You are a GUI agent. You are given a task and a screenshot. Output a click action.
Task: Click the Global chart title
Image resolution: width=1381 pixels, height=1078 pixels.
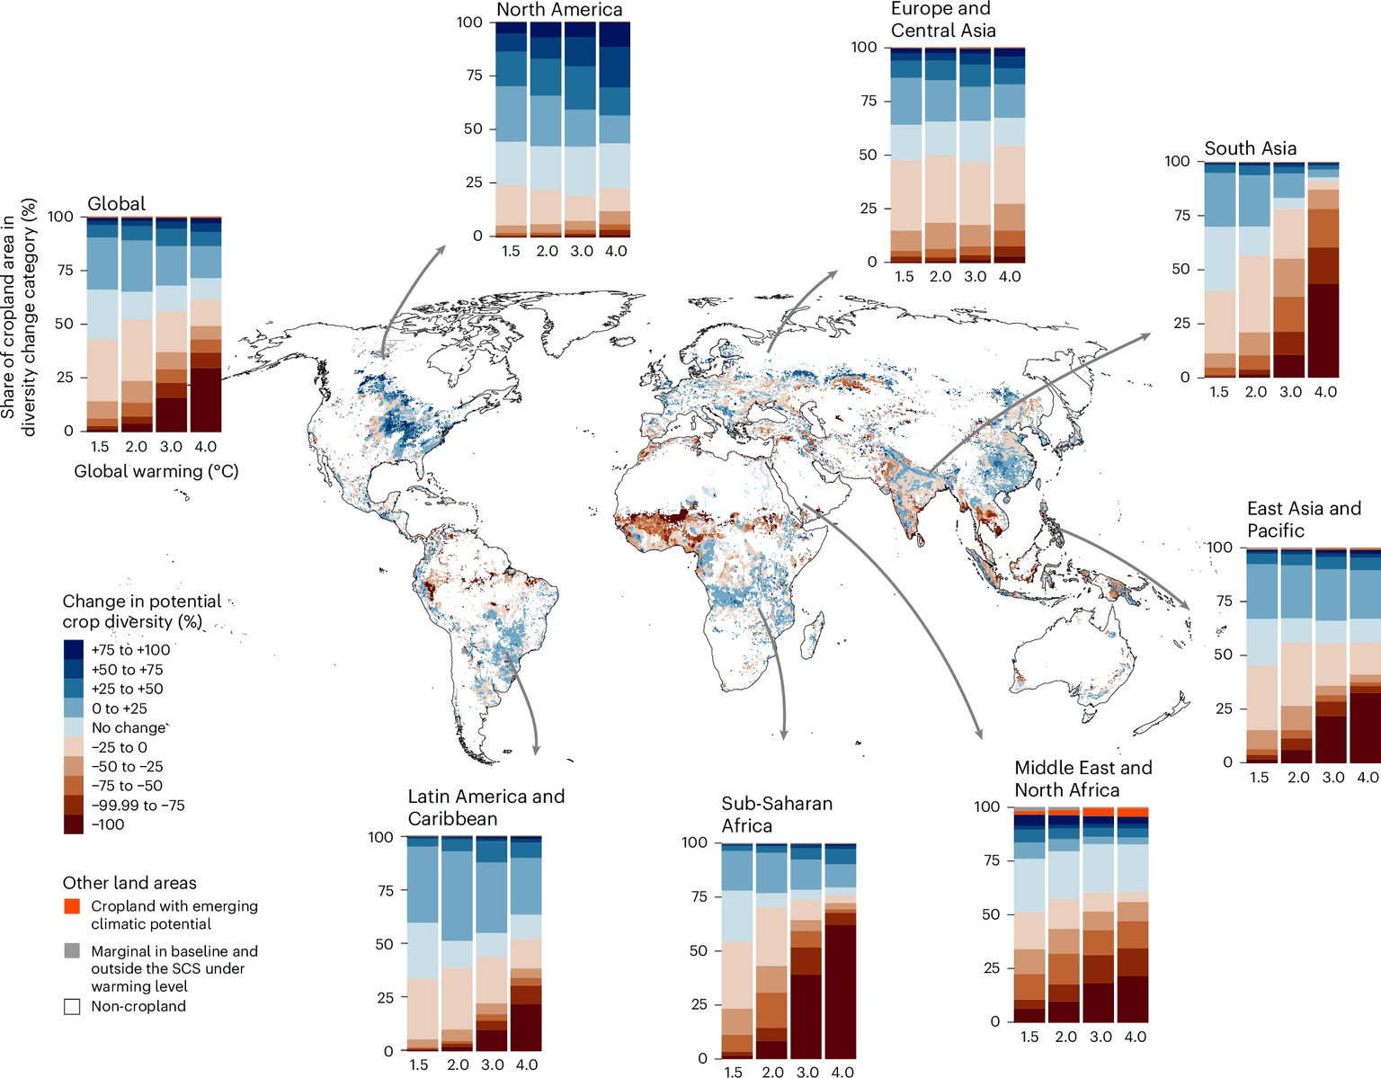pos(116,203)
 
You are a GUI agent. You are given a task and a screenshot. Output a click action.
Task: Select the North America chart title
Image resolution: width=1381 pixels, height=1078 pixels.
pos(558,10)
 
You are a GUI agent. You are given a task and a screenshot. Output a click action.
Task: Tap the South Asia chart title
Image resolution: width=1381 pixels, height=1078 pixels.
pos(1250,148)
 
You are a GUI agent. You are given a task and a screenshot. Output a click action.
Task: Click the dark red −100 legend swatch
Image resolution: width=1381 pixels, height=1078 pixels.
pos(73,824)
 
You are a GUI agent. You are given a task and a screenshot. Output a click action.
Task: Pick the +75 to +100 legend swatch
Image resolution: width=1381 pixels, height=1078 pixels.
pos(73,649)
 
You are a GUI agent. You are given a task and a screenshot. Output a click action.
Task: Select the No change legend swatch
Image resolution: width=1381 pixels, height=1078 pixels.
pos(73,727)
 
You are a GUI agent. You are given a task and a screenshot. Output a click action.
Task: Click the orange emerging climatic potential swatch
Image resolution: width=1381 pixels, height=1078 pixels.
pos(73,906)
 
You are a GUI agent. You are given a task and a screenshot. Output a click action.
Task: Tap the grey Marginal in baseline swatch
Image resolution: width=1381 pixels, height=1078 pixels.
pos(73,950)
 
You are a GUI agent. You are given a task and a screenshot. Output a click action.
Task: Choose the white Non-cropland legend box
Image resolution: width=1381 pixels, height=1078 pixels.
pos(73,1006)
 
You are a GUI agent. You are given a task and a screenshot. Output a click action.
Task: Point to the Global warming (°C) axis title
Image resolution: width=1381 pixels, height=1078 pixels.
pos(156,471)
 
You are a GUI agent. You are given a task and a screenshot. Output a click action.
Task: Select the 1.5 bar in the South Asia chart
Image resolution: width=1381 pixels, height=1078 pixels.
pos(1219,270)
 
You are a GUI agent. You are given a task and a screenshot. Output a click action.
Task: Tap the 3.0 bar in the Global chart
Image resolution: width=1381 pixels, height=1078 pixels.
pos(171,325)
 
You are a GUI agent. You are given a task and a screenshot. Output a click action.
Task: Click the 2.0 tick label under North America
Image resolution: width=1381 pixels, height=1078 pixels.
pos(547,251)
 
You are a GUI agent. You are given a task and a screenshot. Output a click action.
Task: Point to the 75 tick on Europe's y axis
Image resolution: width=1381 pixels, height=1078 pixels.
pos(867,101)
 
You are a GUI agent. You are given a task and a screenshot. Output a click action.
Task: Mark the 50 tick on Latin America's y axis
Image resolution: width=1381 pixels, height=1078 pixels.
pos(383,944)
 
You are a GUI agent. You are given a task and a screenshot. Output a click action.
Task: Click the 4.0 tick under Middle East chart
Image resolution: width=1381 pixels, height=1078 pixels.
pos(1136,1037)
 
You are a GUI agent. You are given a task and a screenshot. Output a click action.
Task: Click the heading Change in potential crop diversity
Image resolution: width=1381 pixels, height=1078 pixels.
pos(141,611)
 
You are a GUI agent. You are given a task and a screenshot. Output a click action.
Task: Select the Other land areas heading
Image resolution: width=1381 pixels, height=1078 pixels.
pos(129,883)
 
